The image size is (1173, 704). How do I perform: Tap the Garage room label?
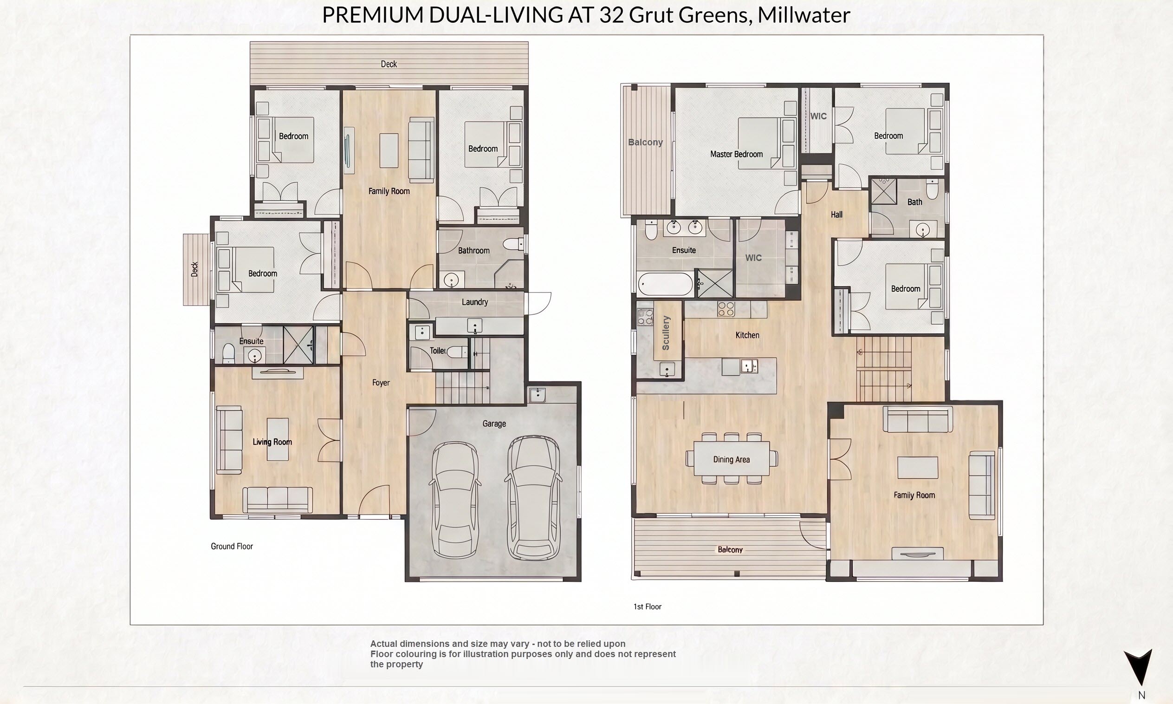[x=494, y=424]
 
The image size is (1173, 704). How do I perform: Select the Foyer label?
[x=381, y=382]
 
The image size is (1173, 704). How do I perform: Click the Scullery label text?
[x=666, y=333]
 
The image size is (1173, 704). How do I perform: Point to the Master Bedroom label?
[x=736, y=154]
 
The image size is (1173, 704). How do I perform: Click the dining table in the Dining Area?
[x=732, y=458]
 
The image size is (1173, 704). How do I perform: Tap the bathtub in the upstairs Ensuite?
[x=665, y=284]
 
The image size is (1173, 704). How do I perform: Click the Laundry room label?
[x=474, y=302]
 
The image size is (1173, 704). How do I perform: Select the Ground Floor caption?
[x=232, y=546]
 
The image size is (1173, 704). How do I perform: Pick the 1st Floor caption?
[x=647, y=606]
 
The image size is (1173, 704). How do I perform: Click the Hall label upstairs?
[x=836, y=215]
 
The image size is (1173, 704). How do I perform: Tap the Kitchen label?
[x=747, y=335]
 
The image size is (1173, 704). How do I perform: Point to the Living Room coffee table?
[x=278, y=439]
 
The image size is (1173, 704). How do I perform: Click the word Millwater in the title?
[x=804, y=15]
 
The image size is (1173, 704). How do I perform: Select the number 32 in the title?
[x=612, y=15]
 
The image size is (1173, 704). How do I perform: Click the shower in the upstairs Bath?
[x=884, y=191]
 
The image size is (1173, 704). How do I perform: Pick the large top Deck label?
[x=389, y=64]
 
